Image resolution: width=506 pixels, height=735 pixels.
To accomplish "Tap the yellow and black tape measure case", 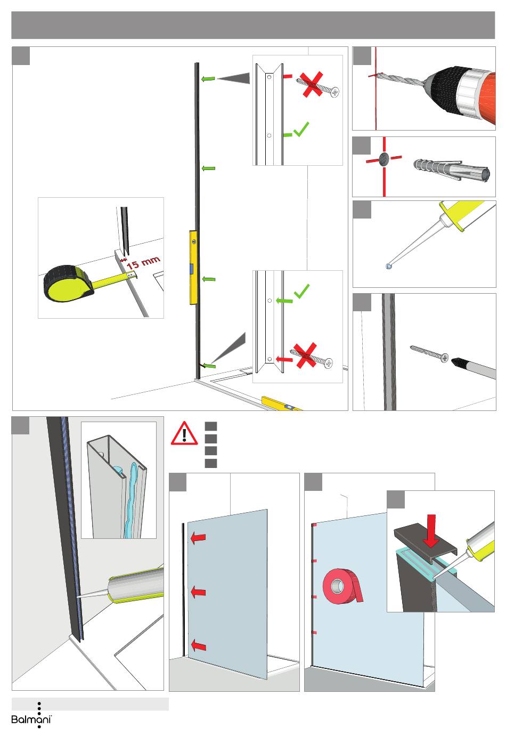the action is click(67, 282).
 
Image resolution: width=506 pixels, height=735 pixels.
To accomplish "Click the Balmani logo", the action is click(31, 719).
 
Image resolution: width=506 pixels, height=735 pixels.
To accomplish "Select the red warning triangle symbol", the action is click(184, 433).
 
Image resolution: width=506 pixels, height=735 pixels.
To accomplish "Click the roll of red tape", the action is click(341, 586).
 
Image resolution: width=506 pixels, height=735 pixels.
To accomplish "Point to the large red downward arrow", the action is click(431, 530).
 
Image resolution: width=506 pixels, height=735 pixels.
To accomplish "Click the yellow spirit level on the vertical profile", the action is click(193, 266).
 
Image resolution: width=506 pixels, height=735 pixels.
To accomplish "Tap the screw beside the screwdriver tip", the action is click(429, 353).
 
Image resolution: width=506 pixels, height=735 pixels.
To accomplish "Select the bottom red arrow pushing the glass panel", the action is click(198, 646).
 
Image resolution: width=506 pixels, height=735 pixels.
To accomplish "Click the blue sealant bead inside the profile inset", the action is click(130, 501).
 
